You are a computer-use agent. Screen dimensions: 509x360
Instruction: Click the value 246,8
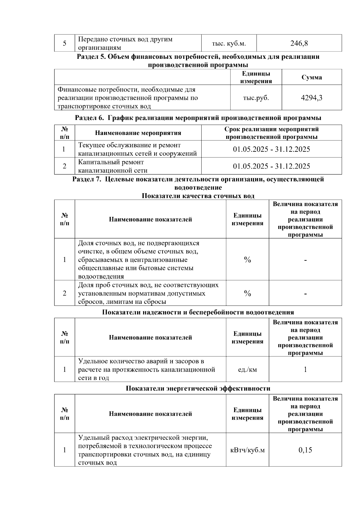click(x=299, y=43)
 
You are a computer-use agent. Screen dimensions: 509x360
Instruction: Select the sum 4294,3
click(x=311, y=98)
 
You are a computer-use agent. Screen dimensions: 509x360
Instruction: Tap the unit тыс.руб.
click(x=256, y=98)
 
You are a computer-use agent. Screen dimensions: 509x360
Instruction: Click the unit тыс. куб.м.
click(x=229, y=43)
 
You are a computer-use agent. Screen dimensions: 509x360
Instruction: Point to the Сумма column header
click(x=312, y=77)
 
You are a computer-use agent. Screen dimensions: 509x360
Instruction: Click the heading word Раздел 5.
click(x=90, y=57)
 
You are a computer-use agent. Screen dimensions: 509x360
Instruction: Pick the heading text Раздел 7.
click(x=87, y=179)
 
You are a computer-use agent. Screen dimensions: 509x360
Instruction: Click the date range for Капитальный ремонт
click(x=271, y=166)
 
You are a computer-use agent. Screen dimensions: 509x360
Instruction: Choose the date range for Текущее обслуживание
click(x=271, y=149)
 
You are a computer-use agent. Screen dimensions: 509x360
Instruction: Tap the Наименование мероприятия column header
click(x=138, y=133)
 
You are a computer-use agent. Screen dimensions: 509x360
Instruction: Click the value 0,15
click(x=305, y=450)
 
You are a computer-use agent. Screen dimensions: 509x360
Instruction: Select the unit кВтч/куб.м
click(x=247, y=450)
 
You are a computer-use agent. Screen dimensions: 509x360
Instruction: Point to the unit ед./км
click(x=247, y=370)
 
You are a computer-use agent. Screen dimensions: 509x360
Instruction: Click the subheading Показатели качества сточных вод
click(x=198, y=196)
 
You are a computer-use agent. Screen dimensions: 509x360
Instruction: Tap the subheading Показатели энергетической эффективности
click(x=198, y=389)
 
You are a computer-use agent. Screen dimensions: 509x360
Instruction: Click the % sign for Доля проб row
click(x=247, y=293)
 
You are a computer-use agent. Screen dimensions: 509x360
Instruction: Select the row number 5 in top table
click(x=64, y=43)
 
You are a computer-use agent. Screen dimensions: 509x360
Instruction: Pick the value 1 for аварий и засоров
click(x=305, y=370)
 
